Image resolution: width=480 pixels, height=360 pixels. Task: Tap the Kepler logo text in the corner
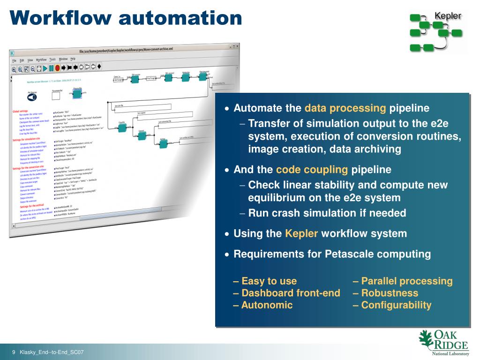[x=448, y=16]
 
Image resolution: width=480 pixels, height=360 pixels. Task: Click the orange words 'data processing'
[x=345, y=108]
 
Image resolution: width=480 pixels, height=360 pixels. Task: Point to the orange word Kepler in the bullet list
[x=301, y=233]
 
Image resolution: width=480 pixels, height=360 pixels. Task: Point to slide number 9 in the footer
[x=14, y=352]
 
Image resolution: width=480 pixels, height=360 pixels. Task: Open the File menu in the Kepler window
[x=14, y=60]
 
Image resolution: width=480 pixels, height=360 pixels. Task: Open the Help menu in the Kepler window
[x=73, y=59]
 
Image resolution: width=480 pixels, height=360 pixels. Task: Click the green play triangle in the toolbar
[x=45, y=68]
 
